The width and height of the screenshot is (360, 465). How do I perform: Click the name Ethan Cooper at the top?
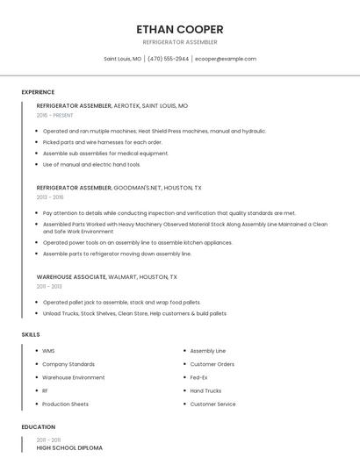(x=180, y=29)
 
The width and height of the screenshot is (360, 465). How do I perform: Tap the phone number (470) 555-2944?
(x=168, y=59)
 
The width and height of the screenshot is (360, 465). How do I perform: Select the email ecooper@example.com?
(x=226, y=59)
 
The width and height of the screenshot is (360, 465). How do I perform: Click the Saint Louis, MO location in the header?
(x=122, y=59)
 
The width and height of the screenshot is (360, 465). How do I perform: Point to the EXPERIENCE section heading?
(x=38, y=92)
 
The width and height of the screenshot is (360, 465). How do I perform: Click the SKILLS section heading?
(x=30, y=334)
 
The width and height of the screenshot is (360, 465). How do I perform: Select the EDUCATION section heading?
(x=38, y=427)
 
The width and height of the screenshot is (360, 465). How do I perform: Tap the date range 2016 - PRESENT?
(x=55, y=115)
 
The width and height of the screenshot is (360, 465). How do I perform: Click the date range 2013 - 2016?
(x=50, y=197)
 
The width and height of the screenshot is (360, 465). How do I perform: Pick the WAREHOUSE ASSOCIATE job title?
(x=71, y=276)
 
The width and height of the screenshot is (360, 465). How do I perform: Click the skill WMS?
(x=48, y=351)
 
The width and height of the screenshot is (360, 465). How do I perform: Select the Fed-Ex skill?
(x=199, y=377)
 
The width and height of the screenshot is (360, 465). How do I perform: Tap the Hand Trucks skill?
(x=205, y=390)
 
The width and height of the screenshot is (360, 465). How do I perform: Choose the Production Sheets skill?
(x=66, y=404)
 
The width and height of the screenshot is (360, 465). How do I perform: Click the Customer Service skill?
(x=212, y=404)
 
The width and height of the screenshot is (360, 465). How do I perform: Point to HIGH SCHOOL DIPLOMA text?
(x=69, y=448)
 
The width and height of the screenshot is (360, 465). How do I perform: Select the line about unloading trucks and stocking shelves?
(x=134, y=313)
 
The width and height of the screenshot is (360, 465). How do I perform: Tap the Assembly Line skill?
(x=207, y=351)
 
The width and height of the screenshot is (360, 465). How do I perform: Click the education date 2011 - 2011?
(x=48, y=440)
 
